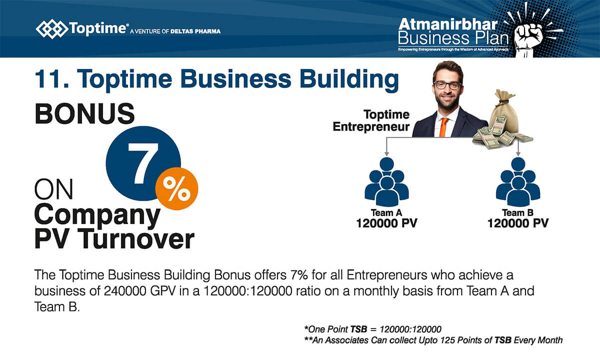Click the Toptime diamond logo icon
[x=51, y=28]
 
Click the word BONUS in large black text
[x=84, y=114]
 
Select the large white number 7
[x=143, y=163]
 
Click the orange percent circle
[x=177, y=189]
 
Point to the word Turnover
[x=136, y=239]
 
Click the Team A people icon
[x=386, y=181]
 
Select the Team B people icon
[x=518, y=181]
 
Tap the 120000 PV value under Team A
[x=386, y=223]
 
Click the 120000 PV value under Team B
[x=518, y=223]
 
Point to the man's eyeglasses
[x=448, y=85]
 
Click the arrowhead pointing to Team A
[x=386, y=153]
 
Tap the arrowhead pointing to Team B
[x=518, y=153]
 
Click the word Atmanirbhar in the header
[x=448, y=24]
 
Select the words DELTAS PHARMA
[x=195, y=31]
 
